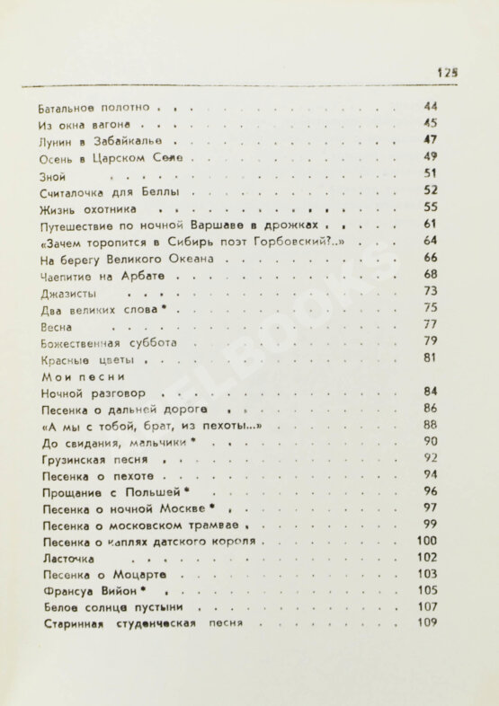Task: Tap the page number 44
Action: [429, 105]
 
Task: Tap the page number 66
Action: [429, 259]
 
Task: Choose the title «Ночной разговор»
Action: [100, 394]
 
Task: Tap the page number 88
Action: [429, 425]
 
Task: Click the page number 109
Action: [427, 625]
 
